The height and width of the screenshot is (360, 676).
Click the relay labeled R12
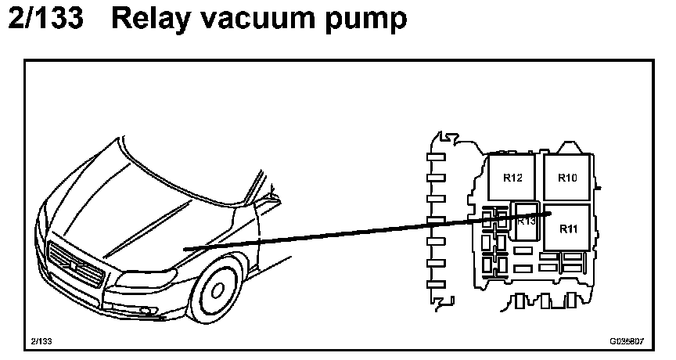click(x=513, y=177)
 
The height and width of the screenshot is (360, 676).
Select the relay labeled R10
click(x=567, y=177)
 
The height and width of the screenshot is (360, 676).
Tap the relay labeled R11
click(x=568, y=229)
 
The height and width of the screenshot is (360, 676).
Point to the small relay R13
click(x=526, y=221)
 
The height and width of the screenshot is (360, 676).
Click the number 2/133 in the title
click(x=45, y=19)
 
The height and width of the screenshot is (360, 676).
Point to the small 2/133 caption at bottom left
click(x=42, y=342)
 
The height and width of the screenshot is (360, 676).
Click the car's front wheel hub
click(x=216, y=291)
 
